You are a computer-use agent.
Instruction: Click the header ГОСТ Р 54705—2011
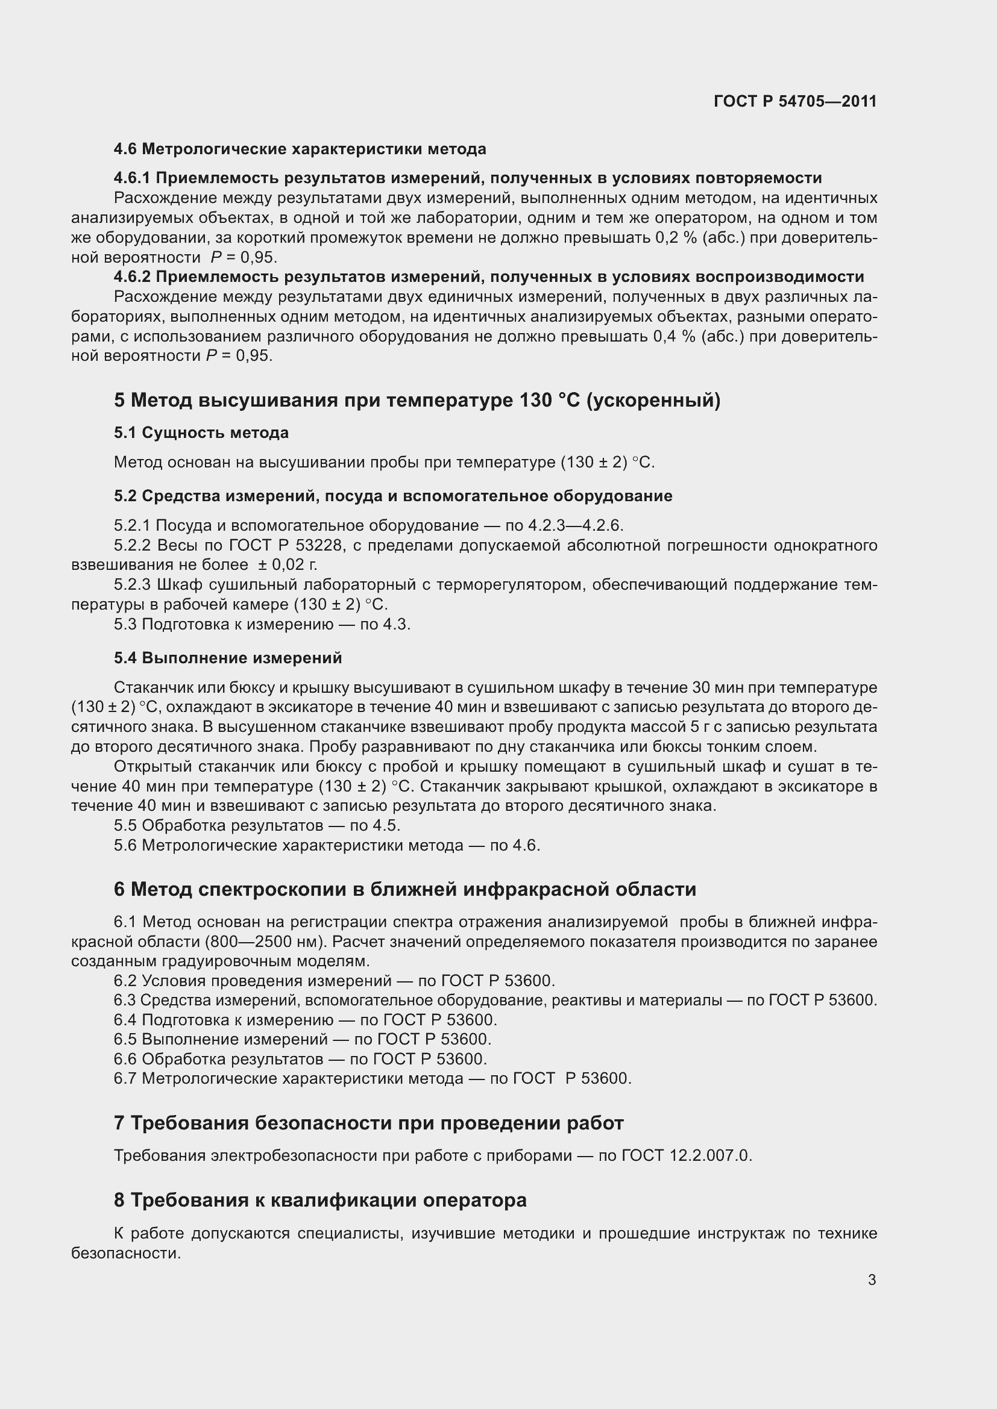click(795, 101)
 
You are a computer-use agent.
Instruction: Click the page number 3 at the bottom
click(872, 1279)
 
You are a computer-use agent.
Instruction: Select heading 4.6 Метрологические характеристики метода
click(300, 149)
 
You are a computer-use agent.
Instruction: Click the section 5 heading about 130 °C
click(417, 400)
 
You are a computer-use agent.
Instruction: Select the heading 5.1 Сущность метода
click(201, 433)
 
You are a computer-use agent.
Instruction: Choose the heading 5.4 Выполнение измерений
click(228, 658)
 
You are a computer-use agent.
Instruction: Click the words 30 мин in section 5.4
click(714, 687)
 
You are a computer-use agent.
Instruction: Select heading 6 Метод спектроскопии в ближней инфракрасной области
click(404, 889)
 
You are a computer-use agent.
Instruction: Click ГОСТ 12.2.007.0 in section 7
click(686, 1155)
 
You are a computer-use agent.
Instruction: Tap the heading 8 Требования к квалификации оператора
click(320, 1200)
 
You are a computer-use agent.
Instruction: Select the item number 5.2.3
click(132, 584)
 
